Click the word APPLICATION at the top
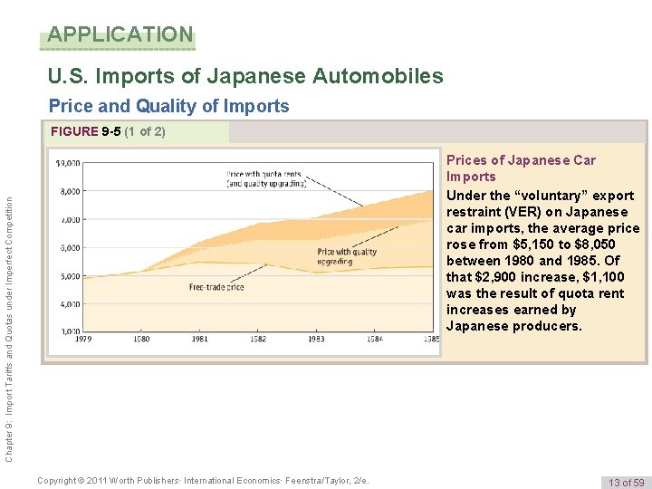coord(120,35)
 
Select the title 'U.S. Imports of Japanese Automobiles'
coord(246,76)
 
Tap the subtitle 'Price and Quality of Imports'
coord(168,106)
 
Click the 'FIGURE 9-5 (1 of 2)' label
coord(108,131)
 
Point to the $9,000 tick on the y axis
coord(66,163)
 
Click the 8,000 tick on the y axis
coord(68,191)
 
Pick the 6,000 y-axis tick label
coord(68,247)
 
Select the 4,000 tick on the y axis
coord(68,304)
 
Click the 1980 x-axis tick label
coord(141,340)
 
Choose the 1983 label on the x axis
coord(316,340)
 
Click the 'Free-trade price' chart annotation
coord(216,287)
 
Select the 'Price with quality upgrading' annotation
coord(346,256)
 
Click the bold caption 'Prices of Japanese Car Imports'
coord(521,168)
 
